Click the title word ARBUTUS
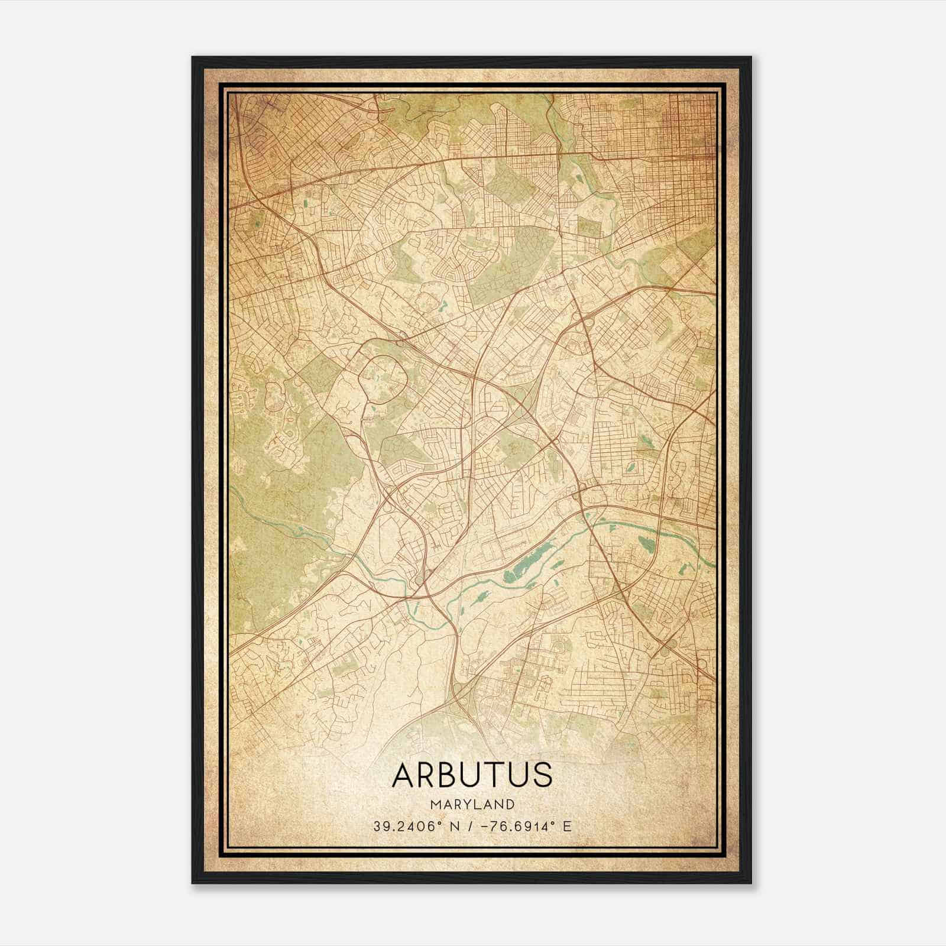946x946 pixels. tap(472, 775)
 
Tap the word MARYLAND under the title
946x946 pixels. tap(472, 804)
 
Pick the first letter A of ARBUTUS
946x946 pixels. tap(403, 775)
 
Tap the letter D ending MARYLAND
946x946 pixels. tap(510, 804)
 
